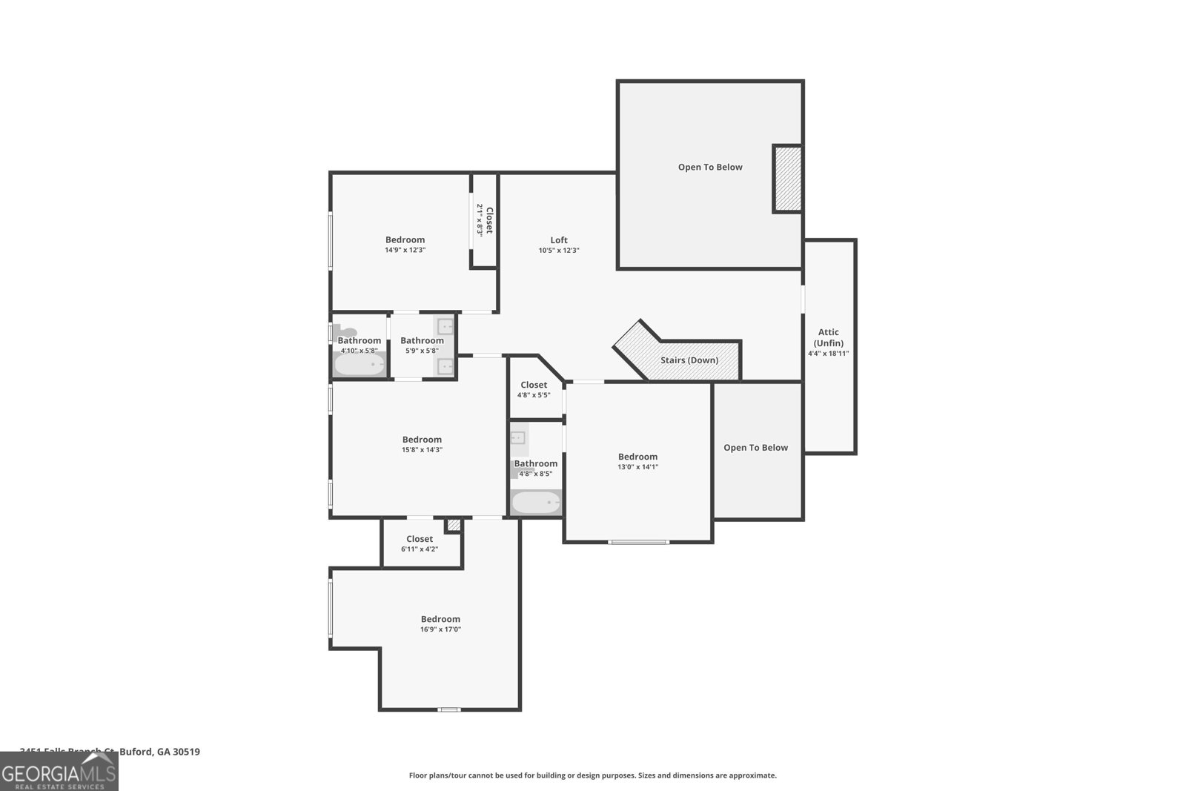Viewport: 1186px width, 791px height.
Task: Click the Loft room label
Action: point(559,239)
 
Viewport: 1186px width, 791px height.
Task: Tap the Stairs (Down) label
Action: point(689,360)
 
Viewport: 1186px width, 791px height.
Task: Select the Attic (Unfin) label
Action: point(828,337)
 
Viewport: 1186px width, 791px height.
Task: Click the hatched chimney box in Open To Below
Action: point(787,179)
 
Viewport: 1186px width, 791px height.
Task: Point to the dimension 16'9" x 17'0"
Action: point(440,629)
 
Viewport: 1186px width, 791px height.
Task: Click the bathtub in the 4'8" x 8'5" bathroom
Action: point(536,503)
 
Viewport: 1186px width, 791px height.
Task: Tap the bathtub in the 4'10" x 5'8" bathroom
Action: point(360,365)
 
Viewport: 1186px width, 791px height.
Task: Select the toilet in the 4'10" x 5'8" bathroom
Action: point(344,332)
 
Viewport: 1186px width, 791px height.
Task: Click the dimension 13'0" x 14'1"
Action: point(637,467)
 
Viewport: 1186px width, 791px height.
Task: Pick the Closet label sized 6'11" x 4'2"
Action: point(420,539)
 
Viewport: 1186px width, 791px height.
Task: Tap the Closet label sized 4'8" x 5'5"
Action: point(534,385)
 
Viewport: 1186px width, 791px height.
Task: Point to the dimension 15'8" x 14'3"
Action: point(422,450)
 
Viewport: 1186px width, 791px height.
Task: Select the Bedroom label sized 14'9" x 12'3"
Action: point(405,239)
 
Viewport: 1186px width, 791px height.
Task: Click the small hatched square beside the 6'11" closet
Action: point(454,525)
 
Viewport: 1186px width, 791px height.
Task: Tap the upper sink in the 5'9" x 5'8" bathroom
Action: point(445,326)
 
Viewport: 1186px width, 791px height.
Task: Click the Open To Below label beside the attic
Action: point(755,448)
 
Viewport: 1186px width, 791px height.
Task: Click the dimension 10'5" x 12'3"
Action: point(559,251)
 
